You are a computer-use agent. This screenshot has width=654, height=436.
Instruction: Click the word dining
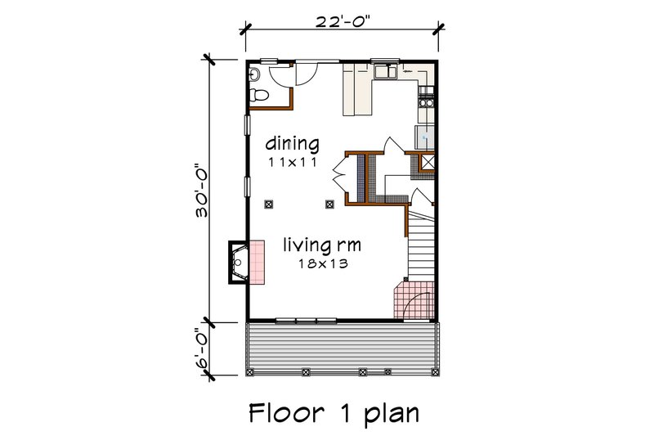(292, 144)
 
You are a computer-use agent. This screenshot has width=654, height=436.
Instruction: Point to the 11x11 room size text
(293, 163)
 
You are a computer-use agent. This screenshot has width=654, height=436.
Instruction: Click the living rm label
(322, 244)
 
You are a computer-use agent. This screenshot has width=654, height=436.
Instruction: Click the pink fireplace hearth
(257, 262)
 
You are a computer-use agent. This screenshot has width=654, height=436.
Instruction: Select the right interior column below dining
(329, 203)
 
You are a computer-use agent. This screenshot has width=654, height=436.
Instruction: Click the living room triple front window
(306, 320)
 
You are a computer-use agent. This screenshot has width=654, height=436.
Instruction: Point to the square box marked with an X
(426, 162)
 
